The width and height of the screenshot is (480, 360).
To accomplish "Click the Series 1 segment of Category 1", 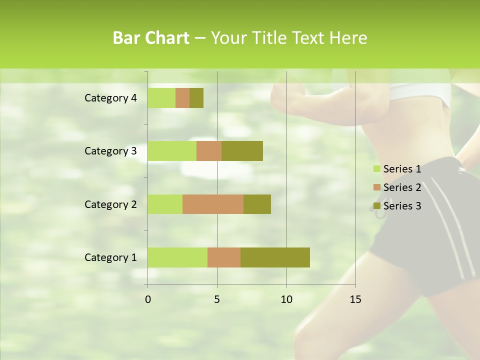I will [x=177, y=257].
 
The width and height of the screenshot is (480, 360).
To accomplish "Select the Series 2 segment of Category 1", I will [x=224, y=257].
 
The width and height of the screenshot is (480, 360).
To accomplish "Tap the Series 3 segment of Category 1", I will [x=275, y=257].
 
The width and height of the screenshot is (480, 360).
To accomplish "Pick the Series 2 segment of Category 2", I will [x=213, y=204].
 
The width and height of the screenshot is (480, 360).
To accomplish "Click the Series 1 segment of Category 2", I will [x=165, y=204].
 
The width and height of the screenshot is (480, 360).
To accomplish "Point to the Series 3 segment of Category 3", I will [x=242, y=151].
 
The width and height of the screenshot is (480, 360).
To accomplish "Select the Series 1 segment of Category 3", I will [x=172, y=151].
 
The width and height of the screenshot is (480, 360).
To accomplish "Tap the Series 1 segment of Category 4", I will [x=161, y=98].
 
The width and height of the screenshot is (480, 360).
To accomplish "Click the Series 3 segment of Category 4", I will [x=196, y=98].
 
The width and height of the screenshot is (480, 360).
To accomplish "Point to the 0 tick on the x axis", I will [x=148, y=299].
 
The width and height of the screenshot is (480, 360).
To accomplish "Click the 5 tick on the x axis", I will [x=217, y=299].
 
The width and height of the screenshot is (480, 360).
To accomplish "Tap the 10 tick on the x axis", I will [x=286, y=299].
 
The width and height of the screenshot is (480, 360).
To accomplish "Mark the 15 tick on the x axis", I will [x=355, y=299].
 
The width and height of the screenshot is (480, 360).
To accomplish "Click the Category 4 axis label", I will [x=110, y=98].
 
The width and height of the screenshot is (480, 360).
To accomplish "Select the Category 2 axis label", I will [x=110, y=204].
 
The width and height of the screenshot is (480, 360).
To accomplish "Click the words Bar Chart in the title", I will [x=151, y=38].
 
